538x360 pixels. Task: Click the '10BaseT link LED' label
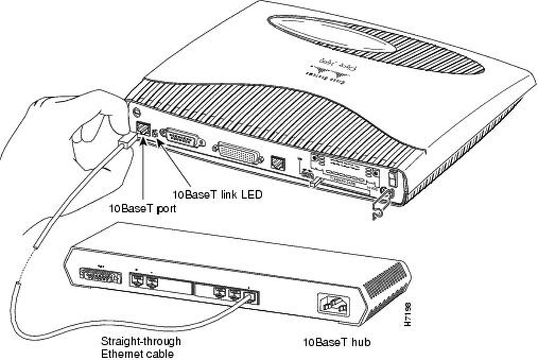(217, 194)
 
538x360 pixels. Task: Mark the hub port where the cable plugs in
(252, 296)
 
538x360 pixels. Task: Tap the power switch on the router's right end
(393, 179)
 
